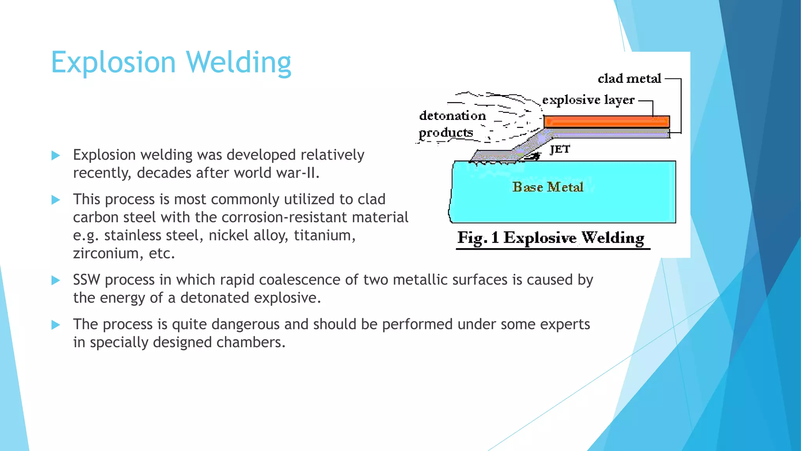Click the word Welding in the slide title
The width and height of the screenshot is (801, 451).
point(239,63)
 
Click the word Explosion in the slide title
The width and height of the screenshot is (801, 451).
point(113,63)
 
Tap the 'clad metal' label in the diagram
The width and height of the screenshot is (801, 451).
point(629,79)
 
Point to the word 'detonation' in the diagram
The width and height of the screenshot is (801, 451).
point(453,116)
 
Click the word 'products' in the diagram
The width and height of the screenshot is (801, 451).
point(446,133)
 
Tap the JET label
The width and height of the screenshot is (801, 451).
point(560,150)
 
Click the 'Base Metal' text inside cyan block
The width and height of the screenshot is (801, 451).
point(548,187)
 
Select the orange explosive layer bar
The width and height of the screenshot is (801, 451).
point(606,121)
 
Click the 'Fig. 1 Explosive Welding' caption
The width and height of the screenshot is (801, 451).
point(551,238)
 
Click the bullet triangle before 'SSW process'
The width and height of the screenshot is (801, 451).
point(56,280)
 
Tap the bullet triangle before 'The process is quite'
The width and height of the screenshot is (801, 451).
point(56,325)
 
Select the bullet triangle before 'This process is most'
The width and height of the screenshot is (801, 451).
point(56,200)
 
